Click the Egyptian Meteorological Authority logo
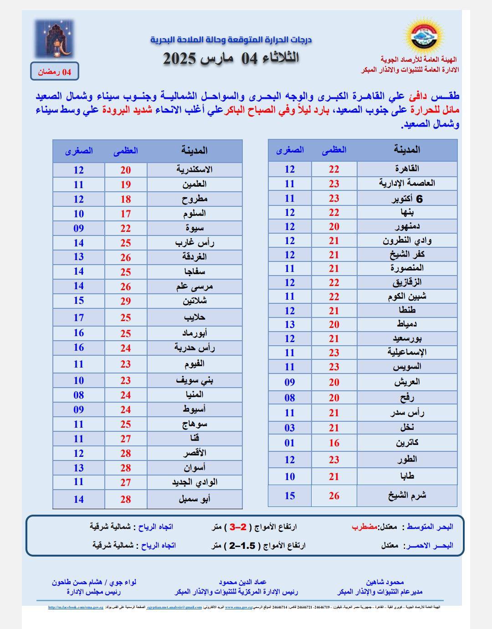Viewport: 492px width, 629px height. point(423,36)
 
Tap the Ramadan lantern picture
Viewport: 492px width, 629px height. point(54,38)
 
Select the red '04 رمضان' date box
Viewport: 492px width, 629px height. point(55,72)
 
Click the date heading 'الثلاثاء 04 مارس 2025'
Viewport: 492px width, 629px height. point(231,58)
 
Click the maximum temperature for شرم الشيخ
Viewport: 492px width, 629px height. point(334,496)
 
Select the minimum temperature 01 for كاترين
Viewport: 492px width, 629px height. point(290,443)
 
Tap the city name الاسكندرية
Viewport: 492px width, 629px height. point(195,169)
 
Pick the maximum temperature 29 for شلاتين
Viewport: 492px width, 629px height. point(126,301)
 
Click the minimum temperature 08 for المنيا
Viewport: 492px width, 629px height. point(79,395)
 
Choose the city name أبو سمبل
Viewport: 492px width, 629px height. point(195,499)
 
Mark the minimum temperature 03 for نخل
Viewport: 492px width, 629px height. point(290,428)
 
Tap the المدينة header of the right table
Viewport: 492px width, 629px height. point(407,150)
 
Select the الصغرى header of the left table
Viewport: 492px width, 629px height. point(79,151)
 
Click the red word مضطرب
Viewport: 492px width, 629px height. point(365,527)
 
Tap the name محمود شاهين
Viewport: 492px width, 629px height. point(384,582)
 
